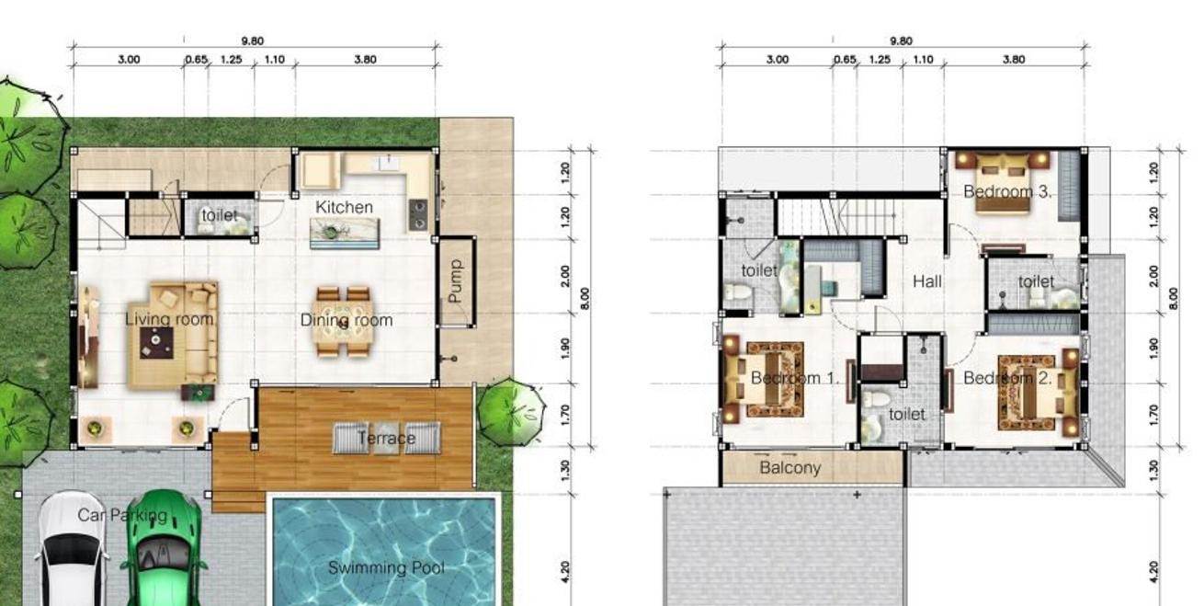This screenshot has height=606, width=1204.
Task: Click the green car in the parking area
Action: pyautogui.click(x=164, y=548)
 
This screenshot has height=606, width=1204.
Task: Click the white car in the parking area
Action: pyautogui.click(x=71, y=550)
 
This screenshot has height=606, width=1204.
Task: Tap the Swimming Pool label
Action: pyautogui.click(x=386, y=567)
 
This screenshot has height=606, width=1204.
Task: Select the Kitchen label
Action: pyautogui.click(x=344, y=207)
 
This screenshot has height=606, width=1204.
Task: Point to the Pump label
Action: pyautogui.click(x=455, y=281)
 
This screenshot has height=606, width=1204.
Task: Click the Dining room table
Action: pyautogui.click(x=344, y=322)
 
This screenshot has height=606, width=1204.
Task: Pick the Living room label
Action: pyautogui.click(x=169, y=319)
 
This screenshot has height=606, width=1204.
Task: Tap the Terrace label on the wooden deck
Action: pyautogui.click(x=386, y=439)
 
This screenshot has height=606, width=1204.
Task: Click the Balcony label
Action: pyautogui.click(x=790, y=468)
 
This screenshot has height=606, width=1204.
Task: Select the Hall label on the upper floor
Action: pyautogui.click(x=927, y=281)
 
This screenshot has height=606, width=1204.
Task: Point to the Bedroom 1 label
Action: pyautogui.click(x=795, y=378)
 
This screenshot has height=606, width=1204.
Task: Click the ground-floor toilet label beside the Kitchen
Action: pyautogui.click(x=220, y=215)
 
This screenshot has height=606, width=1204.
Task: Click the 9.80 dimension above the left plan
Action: pyautogui.click(x=252, y=40)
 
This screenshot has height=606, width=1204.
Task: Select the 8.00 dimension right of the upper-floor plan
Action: pyautogui.click(x=1174, y=299)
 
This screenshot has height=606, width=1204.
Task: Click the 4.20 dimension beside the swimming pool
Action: pyautogui.click(x=564, y=572)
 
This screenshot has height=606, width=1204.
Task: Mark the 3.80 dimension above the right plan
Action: pyautogui.click(x=1014, y=59)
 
